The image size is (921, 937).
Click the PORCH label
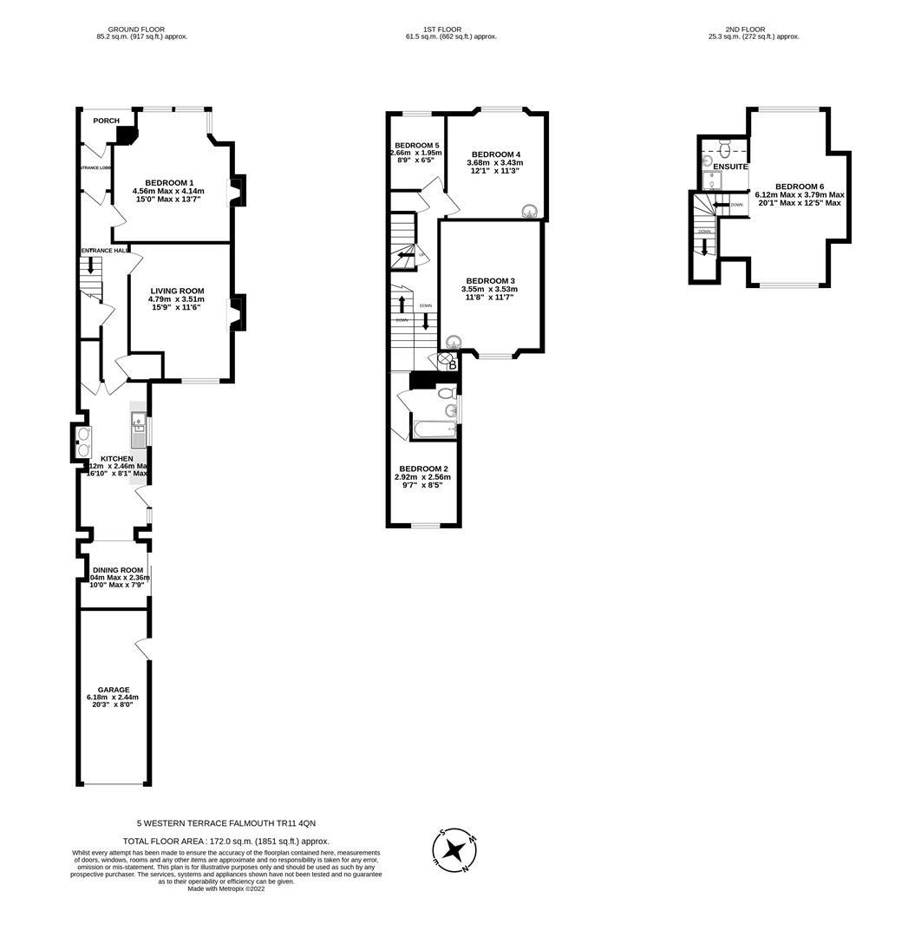coord(106,121)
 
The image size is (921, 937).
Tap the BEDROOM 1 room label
coord(169,182)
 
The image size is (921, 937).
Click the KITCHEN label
coord(117,458)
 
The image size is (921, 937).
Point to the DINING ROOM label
coord(118,570)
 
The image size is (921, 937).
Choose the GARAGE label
coord(113,689)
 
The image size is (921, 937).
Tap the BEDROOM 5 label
coord(416,145)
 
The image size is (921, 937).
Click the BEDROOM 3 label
coord(491,280)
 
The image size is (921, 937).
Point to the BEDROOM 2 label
coord(422,468)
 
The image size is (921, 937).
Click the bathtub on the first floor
coord(434,429)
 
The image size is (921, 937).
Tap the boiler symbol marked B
coord(452,365)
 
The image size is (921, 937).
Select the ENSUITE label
coord(730,167)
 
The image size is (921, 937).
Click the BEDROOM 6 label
coord(800,187)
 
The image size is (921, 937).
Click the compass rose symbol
coord(454,850)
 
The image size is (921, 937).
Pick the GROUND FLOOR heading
coord(142,29)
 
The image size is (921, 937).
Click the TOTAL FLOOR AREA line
coord(225,841)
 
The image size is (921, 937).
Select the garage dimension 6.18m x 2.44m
coord(113,697)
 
